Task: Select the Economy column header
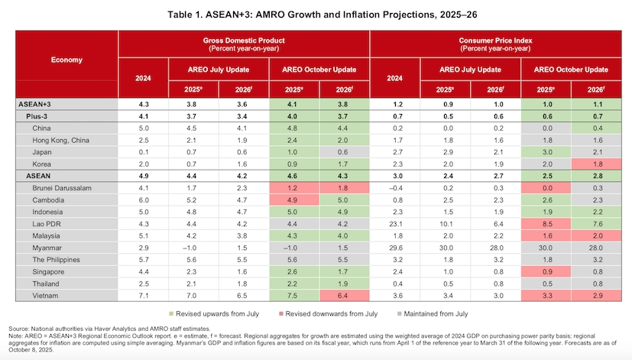66,60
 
